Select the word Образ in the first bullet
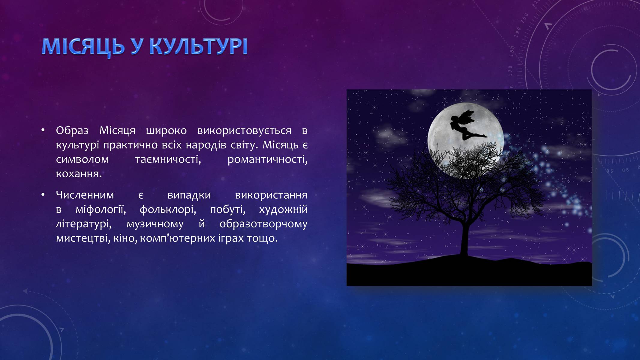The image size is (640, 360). (72, 131)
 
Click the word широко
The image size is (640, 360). (166, 131)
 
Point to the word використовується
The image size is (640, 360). (244, 131)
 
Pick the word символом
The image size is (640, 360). (82, 159)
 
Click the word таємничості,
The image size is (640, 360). (168, 159)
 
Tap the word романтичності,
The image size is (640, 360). (268, 159)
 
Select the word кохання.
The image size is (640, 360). (79, 174)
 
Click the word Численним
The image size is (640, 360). (85, 195)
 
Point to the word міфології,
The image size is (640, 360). (101, 209)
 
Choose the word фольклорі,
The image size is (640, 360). (168, 209)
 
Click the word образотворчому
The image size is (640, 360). (263, 224)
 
